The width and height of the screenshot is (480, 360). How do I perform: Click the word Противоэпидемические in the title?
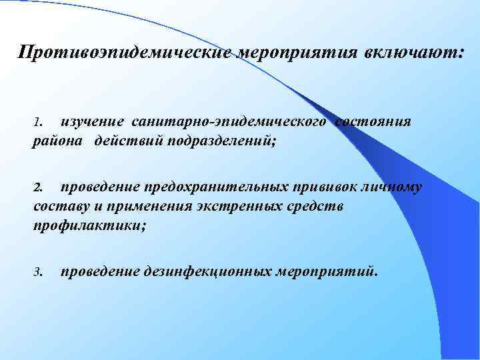pyautogui.click(x=126, y=53)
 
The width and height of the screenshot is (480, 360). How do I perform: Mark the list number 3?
pyautogui.click(x=38, y=272)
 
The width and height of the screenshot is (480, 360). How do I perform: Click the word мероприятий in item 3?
pyautogui.click(x=327, y=271)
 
